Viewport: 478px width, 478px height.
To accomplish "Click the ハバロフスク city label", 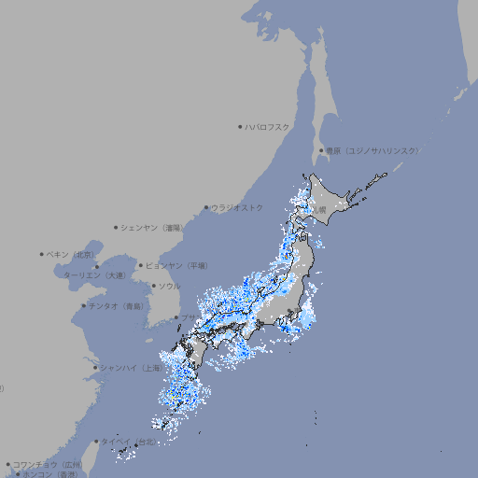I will pyautogui.click(x=268, y=126).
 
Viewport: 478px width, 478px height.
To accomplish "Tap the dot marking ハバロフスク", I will pyautogui.click(x=241, y=126).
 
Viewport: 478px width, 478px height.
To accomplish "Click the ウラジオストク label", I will pyautogui.click(x=237, y=207).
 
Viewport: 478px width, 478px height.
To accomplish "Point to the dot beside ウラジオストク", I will pyautogui.click(x=207, y=207).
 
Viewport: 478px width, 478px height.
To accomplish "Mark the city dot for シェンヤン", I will pyautogui.click(x=117, y=227).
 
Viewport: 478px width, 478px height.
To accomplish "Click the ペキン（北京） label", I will pyautogui.click(x=71, y=254).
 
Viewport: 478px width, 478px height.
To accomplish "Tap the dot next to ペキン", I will pyautogui.click(x=42, y=254).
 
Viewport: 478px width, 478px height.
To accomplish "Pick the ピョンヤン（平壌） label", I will pyautogui.click(x=177, y=265).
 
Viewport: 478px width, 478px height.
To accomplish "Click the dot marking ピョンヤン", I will pyautogui.click(x=142, y=265).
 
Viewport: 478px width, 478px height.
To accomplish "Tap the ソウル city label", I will pyautogui.click(x=169, y=286).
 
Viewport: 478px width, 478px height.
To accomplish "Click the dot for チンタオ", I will pyautogui.click(x=84, y=306).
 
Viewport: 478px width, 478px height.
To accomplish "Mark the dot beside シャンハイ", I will pyautogui.click(x=95, y=368).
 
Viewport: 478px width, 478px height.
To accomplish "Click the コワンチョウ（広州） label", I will pyautogui.click(x=48, y=464).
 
